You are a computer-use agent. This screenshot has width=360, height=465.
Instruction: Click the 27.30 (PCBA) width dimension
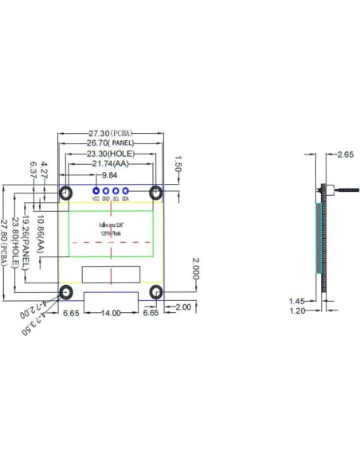pos(111,133)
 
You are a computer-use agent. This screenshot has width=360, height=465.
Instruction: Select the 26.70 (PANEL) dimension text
pos(111,143)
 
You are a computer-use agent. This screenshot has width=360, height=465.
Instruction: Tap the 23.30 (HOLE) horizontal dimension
pos(111,154)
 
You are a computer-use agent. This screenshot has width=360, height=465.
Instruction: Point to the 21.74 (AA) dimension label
pos(111,164)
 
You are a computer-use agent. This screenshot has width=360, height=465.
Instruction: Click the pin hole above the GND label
pos(107,191)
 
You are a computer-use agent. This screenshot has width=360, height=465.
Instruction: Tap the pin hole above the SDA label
pos(126,191)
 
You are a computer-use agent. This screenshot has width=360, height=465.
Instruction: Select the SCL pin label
pos(116,199)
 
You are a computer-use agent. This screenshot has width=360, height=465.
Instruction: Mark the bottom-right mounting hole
pos(156,291)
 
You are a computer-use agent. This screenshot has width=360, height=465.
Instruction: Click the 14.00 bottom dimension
pos(111,313)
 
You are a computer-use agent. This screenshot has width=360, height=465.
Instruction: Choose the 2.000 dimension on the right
pos(194,270)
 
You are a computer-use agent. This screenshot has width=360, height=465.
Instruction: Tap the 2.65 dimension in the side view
pos(346,154)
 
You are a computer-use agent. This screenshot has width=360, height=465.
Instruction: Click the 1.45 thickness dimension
pos(297,301)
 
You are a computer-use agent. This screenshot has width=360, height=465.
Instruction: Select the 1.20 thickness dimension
pos(297,311)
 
